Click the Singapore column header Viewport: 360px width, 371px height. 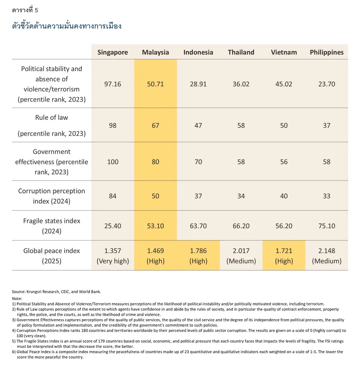(x=112, y=52)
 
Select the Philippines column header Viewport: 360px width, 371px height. (x=327, y=52)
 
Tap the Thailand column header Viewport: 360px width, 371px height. (x=241, y=52)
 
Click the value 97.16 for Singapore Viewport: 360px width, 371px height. (x=112, y=84)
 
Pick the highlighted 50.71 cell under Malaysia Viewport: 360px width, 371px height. (x=155, y=84)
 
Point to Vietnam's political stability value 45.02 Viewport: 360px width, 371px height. (x=284, y=84)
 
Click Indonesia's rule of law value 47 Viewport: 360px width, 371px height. (x=198, y=126)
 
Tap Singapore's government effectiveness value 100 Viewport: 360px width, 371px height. (x=112, y=162)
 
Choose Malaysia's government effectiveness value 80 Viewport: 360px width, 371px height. (x=155, y=162)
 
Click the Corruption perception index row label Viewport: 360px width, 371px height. (x=51, y=196)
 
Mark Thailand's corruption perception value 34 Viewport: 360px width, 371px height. (x=241, y=196)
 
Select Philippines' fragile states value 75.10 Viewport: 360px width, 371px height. (x=327, y=226)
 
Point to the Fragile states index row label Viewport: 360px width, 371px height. (x=51, y=226)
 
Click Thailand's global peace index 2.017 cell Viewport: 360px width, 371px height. (x=241, y=256)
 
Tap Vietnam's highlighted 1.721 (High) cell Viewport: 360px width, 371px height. (x=284, y=256)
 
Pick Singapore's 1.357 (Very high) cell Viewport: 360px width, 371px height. (x=112, y=256)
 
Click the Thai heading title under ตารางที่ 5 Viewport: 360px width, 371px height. (x=67, y=26)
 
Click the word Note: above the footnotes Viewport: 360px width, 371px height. (x=17, y=298)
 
